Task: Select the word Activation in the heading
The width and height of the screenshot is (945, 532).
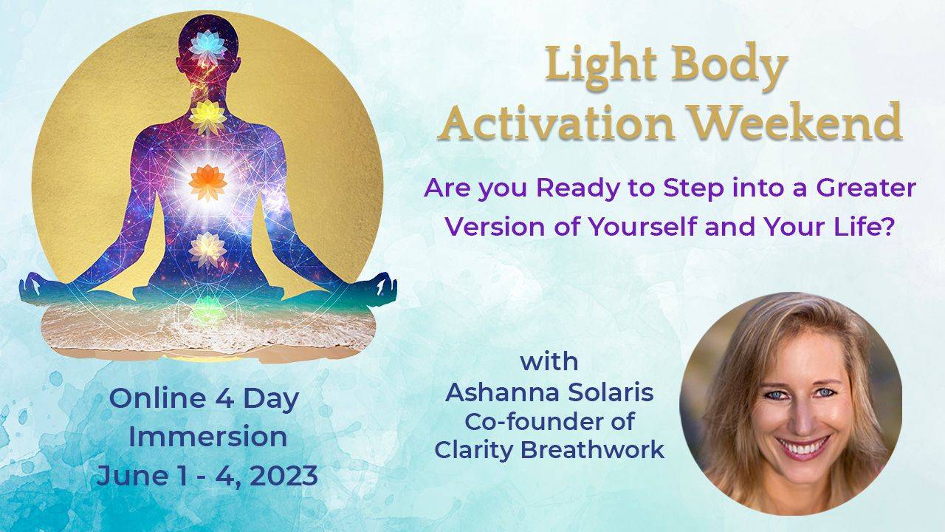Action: point(556,123)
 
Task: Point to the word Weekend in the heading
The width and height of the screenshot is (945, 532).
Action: point(794,122)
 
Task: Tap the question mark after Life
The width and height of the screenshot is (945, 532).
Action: point(888,226)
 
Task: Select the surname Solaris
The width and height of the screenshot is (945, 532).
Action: point(610,392)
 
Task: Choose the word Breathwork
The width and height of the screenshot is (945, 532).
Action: point(592,449)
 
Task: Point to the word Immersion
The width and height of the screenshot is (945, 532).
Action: point(207,437)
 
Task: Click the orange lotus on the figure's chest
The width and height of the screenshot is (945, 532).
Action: point(207,183)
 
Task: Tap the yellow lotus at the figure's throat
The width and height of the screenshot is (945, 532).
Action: point(207,114)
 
